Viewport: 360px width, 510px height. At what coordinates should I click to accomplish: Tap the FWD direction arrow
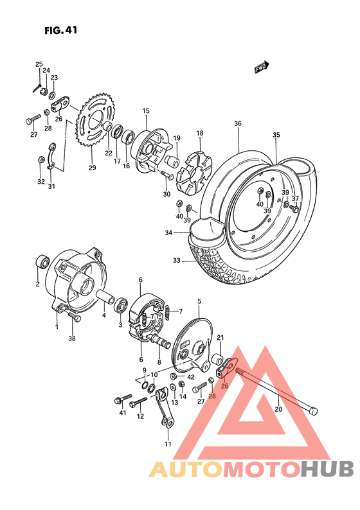(x=261, y=66)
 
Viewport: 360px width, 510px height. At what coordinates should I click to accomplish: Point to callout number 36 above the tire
(x=238, y=123)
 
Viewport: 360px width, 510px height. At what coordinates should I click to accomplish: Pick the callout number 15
(x=146, y=111)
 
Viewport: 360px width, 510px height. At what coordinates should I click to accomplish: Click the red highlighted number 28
(x=212, y=396)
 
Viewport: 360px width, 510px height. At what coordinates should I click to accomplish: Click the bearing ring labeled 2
(x=42, y=262)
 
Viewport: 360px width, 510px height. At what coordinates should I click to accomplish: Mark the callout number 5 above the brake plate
(x=199, y=301)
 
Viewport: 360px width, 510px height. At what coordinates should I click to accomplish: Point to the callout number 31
(x=51, y=187)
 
